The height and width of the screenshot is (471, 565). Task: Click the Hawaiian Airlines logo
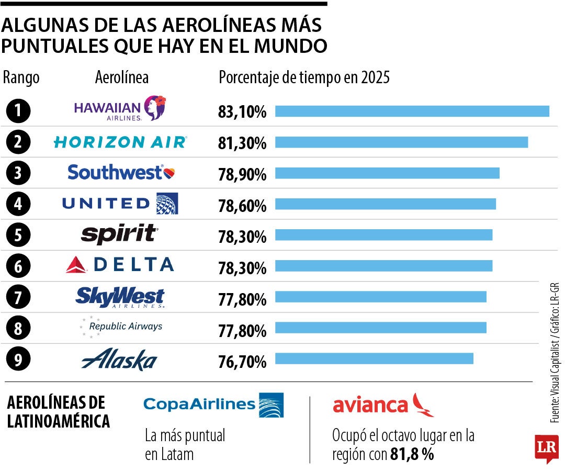[x=120, y=109]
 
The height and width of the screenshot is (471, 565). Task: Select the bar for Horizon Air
[x=401, y=142]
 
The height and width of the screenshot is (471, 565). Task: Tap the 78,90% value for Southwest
[x=242, y=175]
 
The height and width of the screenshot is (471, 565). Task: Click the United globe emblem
[x=167, y=204]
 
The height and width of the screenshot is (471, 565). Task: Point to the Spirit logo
[x=119, y=234]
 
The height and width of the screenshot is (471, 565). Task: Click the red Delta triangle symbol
[x=76, y=265]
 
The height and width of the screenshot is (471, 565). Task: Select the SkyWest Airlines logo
[x=120, y=297]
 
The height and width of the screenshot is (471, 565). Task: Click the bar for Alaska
[x=374, y=358]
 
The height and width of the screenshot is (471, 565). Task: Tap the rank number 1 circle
[x=18, y=110]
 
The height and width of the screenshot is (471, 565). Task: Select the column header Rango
[x=21, y=78]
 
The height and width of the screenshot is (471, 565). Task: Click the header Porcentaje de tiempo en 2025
[x=304, y=78]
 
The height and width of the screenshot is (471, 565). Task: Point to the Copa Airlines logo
[x=213, y=405]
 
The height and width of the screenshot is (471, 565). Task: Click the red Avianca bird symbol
[x=423, y=405]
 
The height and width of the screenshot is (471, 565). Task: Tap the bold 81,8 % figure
[x=412, y=454]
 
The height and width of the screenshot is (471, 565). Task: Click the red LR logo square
[x=546, y=448]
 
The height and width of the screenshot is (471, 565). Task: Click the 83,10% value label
[x=242, y=112]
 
